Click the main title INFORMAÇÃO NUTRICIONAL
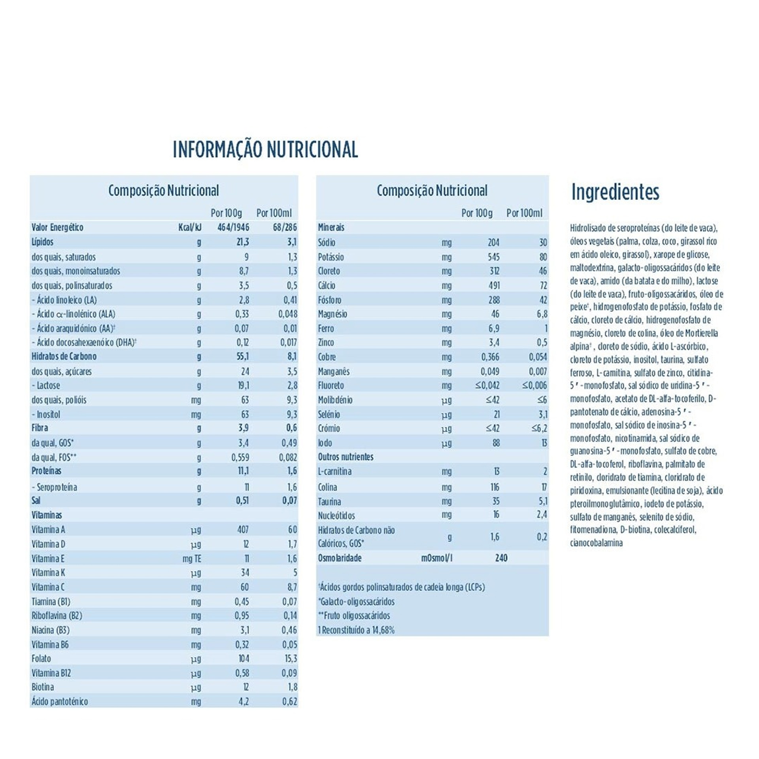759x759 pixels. [x=265, y=149]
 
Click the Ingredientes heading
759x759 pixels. [x=615, y=192]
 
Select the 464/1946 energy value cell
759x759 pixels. [x=233, y=227]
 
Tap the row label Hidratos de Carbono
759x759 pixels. [x=64, y=357]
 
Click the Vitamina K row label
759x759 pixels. [x=48, y=572]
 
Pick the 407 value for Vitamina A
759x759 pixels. [x=243, y=529]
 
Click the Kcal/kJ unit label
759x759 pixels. [x=190, y=227]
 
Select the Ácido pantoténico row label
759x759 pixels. [x=60, y=702]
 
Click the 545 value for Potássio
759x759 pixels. [x=493, y=257]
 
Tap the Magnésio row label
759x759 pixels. [x=332, y=314]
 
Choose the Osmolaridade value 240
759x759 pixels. [x=501, y=558]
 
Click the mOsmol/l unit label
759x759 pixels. [x=437, y=558]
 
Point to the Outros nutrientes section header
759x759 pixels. [x=346, y=457]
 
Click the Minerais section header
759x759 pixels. [x=331, y=227]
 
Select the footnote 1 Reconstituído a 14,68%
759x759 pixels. [x=356, y=630]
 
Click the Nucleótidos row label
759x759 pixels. [x=336, y=515]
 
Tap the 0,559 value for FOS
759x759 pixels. [x=240, y=457]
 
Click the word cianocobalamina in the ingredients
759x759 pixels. [x=596, y=543]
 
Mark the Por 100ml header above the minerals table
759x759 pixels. [x=524, y=213]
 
